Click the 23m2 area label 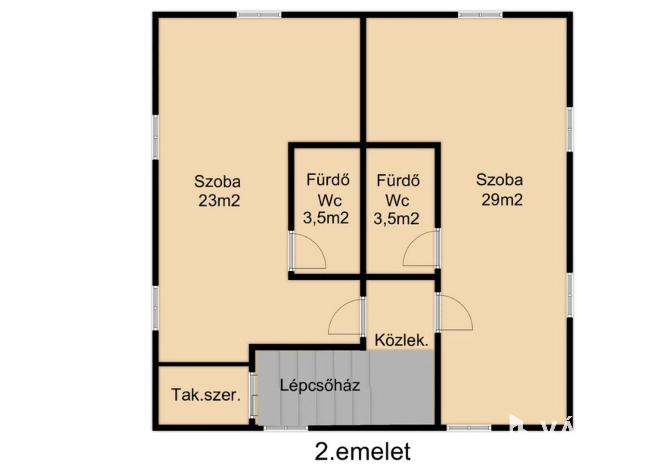[x=219, y=200]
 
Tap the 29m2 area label [x=502, y=200]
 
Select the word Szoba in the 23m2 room [x=217, y=181]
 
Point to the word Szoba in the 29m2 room [x=499, y=180]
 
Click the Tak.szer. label [x=206, y=395]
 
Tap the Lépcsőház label [x=320, y=385]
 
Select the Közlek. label [x=401, y=340]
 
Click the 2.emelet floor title [x=363, y=451]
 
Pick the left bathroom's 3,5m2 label [x=326, y=218]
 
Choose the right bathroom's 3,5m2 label [x=396, y=219]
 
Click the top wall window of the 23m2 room [x=259, y=15]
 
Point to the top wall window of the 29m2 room [x=480, y=15]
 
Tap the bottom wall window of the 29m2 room [x=469, y=428]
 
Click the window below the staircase [x=286, y=428]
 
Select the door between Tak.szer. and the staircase [x=253, y=396]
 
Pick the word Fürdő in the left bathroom [x=328, y=180]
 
